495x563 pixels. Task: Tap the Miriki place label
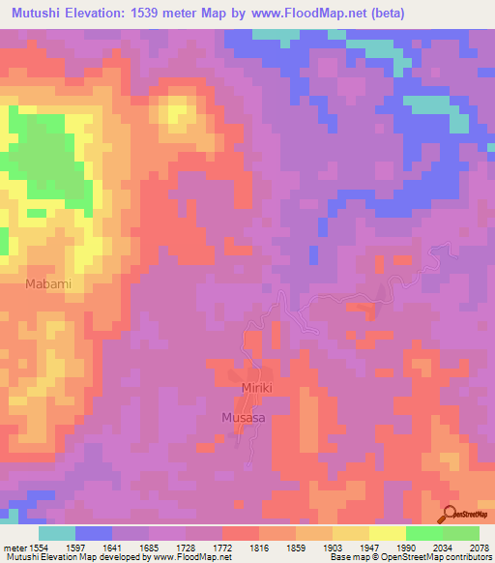coord(256,388)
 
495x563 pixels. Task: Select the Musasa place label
coord(243,417)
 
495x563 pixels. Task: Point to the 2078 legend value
coord(478,548)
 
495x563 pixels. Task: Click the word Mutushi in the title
coord(40,13)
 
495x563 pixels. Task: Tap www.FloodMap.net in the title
coord(306,13)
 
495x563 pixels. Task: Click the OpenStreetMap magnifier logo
coord(451,513)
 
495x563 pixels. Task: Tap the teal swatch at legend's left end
coord(56,533)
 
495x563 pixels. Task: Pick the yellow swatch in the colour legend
coord(387,533)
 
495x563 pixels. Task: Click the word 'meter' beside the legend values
coord(15,548)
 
